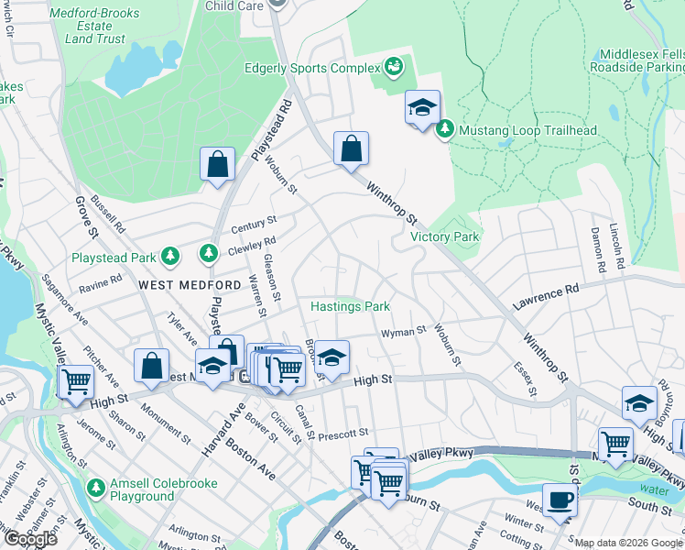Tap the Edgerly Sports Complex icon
click(393, 68)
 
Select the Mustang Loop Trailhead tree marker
click(445, 130)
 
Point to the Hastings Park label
click(351, 306)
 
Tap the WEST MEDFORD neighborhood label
click(181, 285)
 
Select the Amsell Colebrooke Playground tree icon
click(96, 486)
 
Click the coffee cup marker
click(560, 500)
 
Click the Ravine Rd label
click(100, 287)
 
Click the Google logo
click(30, 539)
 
